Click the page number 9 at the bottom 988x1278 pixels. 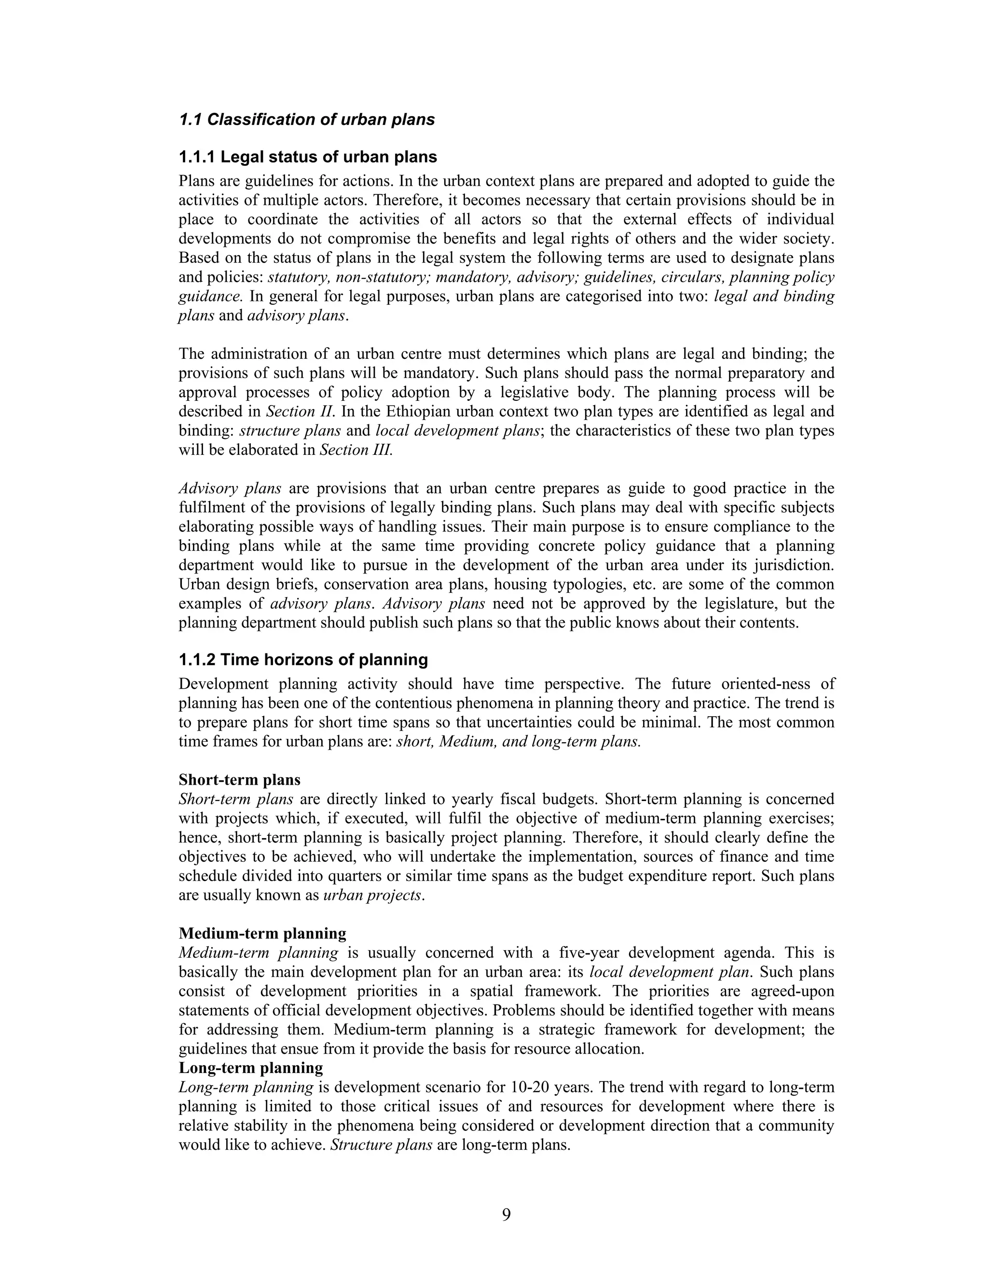coord(506,1215)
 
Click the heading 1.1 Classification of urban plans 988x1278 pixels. coord(307,120)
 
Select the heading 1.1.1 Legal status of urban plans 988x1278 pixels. coord(308,157)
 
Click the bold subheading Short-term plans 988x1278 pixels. coord(239,780)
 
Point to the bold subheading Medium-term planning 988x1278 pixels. coord(262,933)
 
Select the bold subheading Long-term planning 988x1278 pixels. coord(250,1068)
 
